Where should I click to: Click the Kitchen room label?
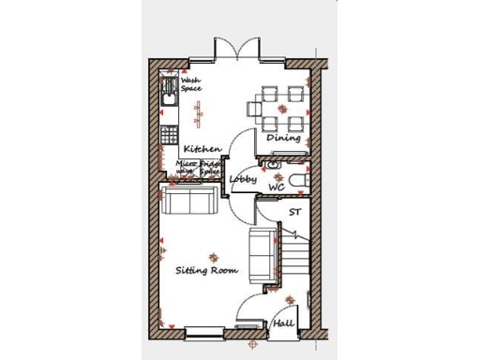(202, 149)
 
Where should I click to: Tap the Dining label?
(283, 138)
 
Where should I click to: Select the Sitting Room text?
(207, 270)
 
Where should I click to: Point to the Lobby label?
(243, 178)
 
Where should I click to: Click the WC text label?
(277, 187)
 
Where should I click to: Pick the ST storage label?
(294, 212)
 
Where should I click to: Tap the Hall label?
(284, 323)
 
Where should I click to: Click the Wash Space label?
(191, 85)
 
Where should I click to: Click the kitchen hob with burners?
(170, 133)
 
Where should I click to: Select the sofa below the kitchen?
(190, 199)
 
